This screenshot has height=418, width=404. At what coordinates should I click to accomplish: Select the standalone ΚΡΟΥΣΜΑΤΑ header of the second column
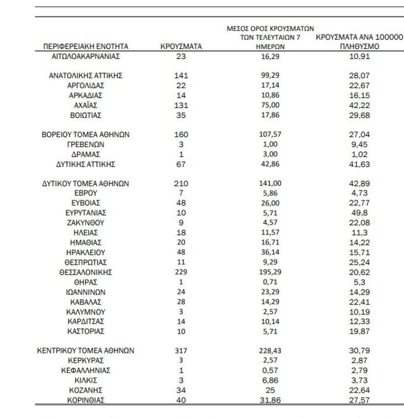pyautogui.click(x=181, y=47)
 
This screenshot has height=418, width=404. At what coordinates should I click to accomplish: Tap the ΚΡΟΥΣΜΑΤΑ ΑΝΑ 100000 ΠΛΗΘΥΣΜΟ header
pyautogui.click(x=360, y=42)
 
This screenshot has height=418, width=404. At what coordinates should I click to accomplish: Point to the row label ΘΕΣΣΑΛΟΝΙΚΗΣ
pyautogui.click(x=85, y=272)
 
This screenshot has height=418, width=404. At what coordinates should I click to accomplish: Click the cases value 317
pyautogui.click(x=181, y=350)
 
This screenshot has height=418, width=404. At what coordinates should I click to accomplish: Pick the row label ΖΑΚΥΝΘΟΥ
pyautogui.click(x=85, y=222)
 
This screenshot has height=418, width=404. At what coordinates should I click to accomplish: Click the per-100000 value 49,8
pyautogui.click(x=360, y=213)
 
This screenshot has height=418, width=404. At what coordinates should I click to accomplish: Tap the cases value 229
pyautogui.click(x=181, y=272)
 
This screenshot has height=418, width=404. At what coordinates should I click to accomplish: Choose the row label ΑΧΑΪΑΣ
pyautogui.click(x=85, y=105)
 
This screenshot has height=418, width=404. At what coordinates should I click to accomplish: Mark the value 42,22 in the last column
pyautogui.click(x=360, y=105)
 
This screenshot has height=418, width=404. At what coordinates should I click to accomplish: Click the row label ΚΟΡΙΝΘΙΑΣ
pyautogui.click(x=85, y=400)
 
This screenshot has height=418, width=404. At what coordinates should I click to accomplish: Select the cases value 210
pyautogui.click(x=181, y=183)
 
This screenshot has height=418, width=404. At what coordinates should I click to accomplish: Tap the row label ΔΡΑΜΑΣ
pyautogui.click(x=85, y=154)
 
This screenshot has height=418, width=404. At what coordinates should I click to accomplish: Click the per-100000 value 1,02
pyautogui.click(x=360, y=154)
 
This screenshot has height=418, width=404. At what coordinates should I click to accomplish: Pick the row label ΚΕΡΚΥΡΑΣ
pyautogui.click(x=85, y=360)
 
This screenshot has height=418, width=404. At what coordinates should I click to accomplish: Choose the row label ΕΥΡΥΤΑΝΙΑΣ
pyautogui.click(x=85, y=213)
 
